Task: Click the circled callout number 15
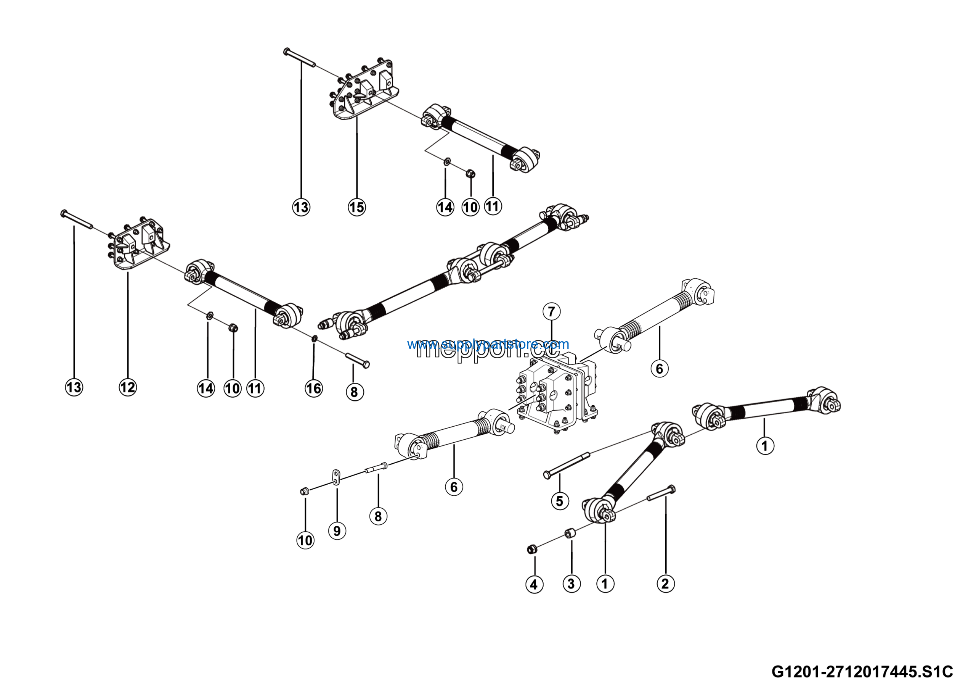tap(356, 207)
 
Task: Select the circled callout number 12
tap(127, 387)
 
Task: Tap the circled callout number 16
tap(314, 388)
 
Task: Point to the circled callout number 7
tap(551, 311)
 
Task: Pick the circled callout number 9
tap(337, 530)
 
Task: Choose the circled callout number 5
tap(559, 501)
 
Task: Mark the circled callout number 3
tap(571, 583)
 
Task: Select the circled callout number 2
tap(665, 583)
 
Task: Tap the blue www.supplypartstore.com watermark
tap(488, 344)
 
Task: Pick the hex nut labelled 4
tap(531, 550)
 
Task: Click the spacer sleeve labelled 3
tap(570, 534)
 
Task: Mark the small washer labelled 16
tap(314, 338)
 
